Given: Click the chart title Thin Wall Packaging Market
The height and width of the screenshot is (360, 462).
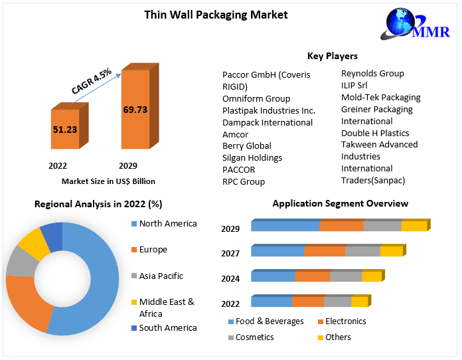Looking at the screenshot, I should click(216, 15).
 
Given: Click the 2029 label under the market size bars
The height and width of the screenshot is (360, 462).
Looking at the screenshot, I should click(128, 165).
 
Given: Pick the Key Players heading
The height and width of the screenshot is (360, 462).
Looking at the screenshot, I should click(332, 56).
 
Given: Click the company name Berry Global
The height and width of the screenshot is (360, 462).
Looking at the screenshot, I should click(246, 146).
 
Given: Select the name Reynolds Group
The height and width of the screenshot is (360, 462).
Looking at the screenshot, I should click(372, 73).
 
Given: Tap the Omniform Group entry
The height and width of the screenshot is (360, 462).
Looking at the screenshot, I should click(256, 98).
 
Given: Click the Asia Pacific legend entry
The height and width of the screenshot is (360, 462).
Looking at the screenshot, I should click(161, 276).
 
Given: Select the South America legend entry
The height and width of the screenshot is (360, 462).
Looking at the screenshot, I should click(167, 327).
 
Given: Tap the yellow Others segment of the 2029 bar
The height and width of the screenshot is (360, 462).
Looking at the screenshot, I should click(414, 226).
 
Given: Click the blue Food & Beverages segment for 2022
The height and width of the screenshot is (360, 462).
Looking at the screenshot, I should click(271, 302).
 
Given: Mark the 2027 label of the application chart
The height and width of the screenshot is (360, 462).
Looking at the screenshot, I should click(230, 253).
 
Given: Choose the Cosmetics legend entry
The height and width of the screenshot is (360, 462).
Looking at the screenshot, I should click(254, 337).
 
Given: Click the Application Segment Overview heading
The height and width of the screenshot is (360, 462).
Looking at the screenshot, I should click(340, 203).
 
